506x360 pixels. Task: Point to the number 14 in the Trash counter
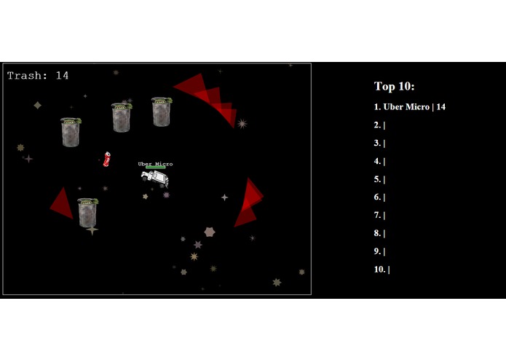[x=62, y=75]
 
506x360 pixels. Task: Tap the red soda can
[x=107, y=160]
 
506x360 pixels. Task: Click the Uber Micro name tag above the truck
[x=155, y=164]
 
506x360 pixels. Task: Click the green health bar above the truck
[x=154, y=168]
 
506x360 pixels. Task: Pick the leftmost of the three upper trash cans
[x=71, y=132]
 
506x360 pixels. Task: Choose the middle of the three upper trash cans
[x=122, y=117]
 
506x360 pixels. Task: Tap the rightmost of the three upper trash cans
[x=162, y=111]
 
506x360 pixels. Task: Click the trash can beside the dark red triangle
[x=88, y=212]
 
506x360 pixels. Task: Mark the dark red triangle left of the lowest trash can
[x=63, y=203]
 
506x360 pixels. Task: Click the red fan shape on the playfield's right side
[x=249, y=203]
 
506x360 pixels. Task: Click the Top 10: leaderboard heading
[x=394, y=87]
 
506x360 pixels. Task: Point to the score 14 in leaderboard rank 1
[x=440, y=107]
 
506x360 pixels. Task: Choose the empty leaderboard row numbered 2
[x=379, y=125]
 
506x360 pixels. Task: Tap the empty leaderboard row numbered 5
[x=379, y=179]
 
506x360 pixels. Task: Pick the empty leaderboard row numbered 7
[x=379, y=215]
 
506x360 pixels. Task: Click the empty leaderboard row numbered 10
[x=382, y=270]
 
